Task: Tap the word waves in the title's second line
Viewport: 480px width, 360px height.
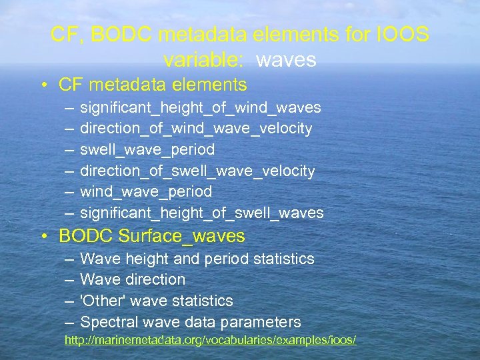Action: point(286,60)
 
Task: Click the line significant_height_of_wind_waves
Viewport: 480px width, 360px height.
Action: point(201,108)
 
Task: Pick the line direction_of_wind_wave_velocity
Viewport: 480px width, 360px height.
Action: point(196,129)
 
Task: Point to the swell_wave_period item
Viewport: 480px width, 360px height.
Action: point(147,150)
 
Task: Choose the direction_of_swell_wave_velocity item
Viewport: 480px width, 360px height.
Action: point(197,171)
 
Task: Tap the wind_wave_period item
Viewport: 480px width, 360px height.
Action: point(146,192)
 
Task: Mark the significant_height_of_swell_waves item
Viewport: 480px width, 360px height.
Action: point(202,213)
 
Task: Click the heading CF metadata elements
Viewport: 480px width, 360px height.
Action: point(153,85)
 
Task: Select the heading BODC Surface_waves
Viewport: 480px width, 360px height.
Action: point(152,236)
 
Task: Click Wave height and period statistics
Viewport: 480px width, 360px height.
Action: point(197,259)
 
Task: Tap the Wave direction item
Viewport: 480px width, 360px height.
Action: point(133,280)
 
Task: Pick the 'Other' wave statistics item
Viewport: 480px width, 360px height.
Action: point(157,301)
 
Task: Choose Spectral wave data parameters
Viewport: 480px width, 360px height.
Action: point(191,323)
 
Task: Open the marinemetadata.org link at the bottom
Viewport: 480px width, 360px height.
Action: point(210,341)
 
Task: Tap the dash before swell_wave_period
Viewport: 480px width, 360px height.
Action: point(70,150)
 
